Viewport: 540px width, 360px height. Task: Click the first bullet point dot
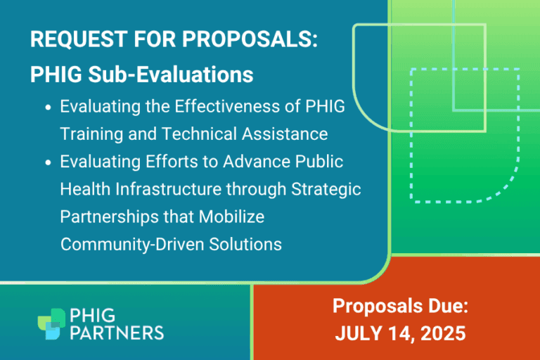click(x=48, y=109)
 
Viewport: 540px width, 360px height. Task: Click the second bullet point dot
click(x=48, y=162)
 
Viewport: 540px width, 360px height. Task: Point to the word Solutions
click(x=247, y=244)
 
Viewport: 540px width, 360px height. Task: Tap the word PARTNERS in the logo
click(x=117, y=331)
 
